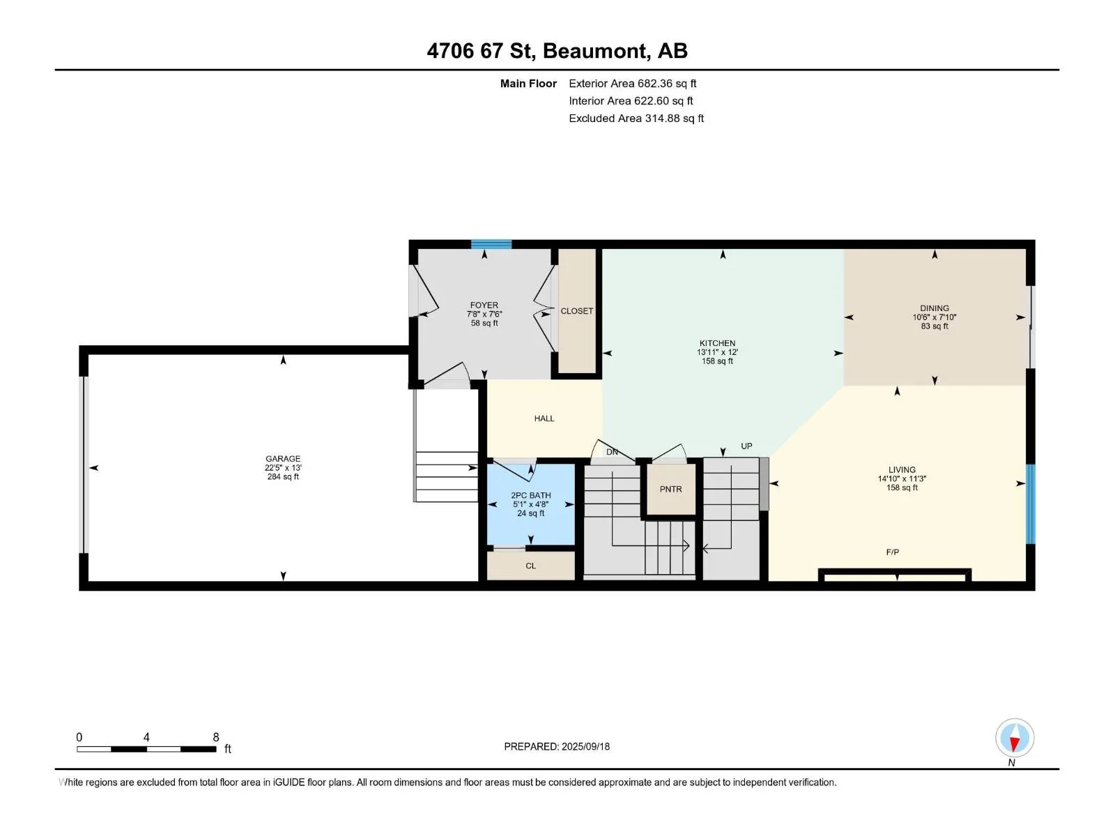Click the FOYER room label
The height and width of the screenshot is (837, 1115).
484,306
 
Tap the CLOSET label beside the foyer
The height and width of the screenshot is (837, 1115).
576,311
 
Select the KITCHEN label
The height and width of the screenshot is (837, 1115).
717,344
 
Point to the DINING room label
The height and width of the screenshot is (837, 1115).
935,308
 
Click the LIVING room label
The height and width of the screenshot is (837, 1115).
902,470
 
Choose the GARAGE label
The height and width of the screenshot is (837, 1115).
283,459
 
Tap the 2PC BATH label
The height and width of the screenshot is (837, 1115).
531,495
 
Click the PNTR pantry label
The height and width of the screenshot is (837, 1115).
670,490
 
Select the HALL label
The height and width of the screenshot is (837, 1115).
544,418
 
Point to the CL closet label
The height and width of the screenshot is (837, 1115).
530,566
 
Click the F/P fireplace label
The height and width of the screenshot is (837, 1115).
893,552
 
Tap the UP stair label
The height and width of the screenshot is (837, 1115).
746,446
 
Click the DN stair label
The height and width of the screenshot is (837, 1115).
612,452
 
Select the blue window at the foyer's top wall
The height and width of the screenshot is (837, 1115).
491,244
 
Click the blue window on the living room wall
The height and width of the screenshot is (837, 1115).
1031,504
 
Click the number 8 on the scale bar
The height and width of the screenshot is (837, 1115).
216,737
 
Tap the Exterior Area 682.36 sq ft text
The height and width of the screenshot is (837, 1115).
633,84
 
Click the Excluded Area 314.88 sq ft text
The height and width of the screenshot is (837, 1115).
636,119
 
